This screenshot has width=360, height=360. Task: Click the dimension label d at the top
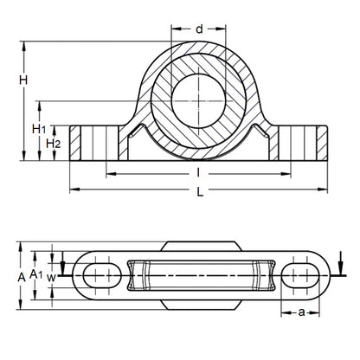(199, 29)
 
